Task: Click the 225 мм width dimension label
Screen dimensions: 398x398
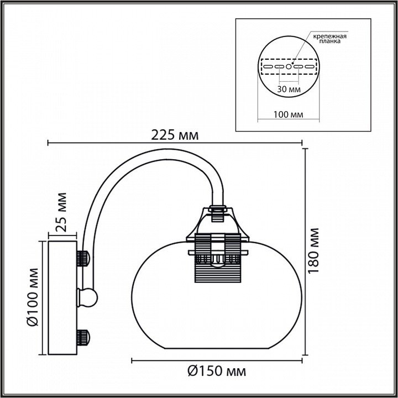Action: [175, 135]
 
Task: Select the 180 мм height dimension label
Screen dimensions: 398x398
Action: [313, 250]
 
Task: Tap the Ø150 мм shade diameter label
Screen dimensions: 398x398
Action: [217, 371]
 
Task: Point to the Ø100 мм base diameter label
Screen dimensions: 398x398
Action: [33, 297]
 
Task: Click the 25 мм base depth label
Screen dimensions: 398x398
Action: [61, 212]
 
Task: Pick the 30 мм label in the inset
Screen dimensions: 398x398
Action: [289, 90]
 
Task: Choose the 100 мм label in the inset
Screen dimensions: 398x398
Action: [288, 114]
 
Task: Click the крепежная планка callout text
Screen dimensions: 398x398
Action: [329, 39]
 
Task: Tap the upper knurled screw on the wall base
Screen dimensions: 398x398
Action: [83, 258]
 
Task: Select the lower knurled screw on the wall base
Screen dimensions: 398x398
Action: [83, 338]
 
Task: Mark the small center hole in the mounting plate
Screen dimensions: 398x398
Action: [289, 67]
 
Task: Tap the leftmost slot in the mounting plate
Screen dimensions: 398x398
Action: [268, 67]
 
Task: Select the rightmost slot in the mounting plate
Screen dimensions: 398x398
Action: [310, 67]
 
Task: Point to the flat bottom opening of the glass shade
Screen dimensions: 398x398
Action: [217, 348]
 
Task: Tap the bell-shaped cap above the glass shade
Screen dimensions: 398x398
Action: [218, 224]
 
